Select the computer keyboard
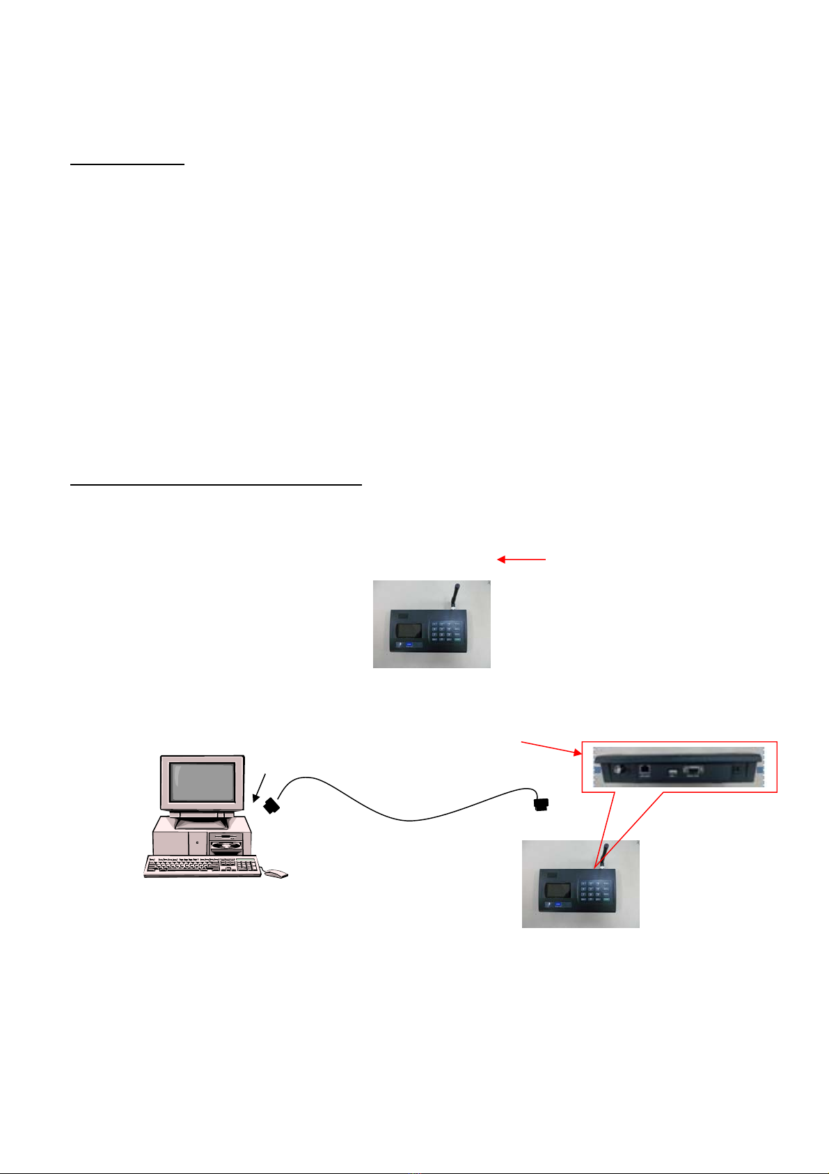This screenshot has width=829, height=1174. [x=202, y=866]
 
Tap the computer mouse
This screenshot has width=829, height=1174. [x=277, y=873]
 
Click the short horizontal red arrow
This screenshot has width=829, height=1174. [x=521, y=559]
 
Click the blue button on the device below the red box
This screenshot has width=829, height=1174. [x=558, y=904]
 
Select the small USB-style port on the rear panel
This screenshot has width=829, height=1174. [x=672, y=773]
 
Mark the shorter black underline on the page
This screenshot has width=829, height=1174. [x=127, y=164]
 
